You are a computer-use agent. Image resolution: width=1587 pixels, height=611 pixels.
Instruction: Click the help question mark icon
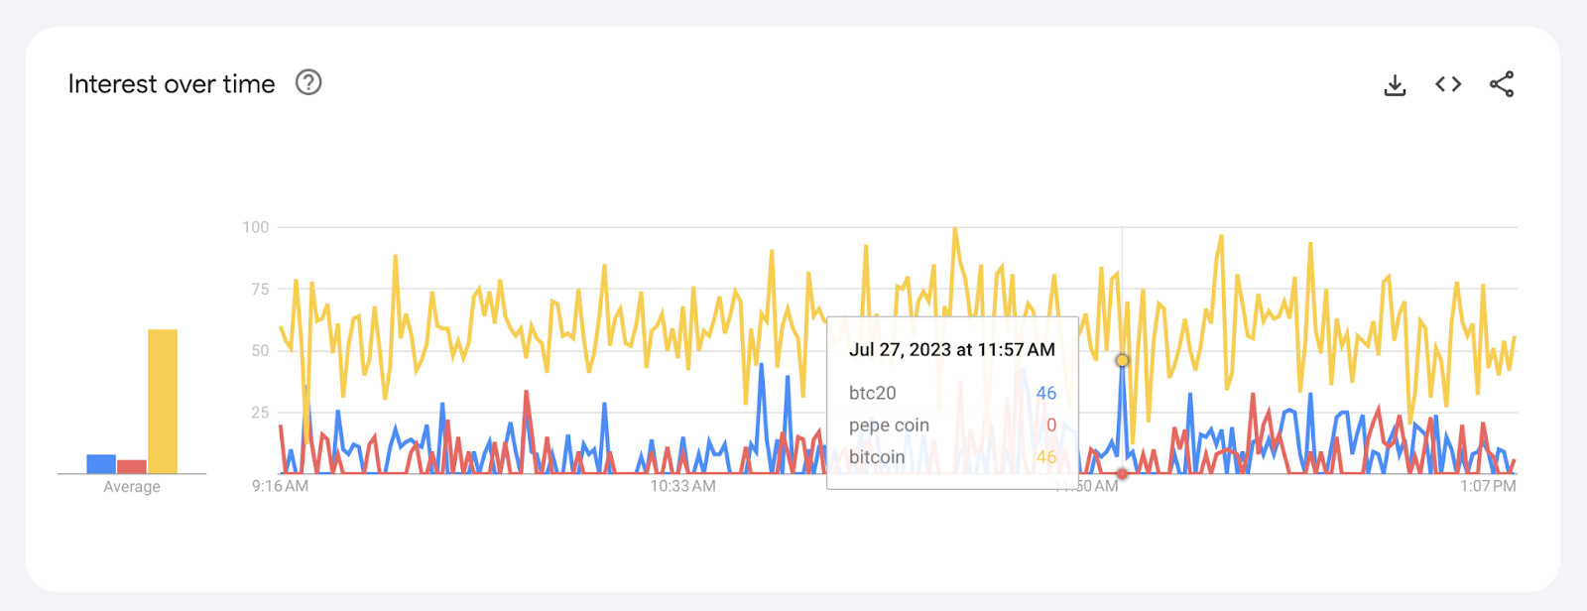click(x=308, y=82)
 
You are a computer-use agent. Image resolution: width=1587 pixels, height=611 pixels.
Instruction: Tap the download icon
click(x=1395, y=85)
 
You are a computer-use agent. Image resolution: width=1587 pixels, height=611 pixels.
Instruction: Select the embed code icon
click(x=1448, y=84)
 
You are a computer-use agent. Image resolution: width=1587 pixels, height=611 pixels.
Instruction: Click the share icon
click(x=1502, y=84)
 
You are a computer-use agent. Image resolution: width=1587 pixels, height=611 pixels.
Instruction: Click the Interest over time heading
click(x=172, y=84)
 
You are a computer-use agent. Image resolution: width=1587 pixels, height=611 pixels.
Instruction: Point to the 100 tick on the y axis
click(x=256, y=227)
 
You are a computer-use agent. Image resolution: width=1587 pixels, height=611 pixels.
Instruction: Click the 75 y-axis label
click(x=260, y=289)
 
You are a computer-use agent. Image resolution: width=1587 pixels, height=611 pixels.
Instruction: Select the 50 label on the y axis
click(x=260, y=350)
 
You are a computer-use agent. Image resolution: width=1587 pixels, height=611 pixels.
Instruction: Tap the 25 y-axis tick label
click(x=260, y=412)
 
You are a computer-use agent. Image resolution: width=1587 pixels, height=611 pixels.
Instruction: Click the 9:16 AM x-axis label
click(x=280, y=486)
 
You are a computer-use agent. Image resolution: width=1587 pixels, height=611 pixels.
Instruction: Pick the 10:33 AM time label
click(x=682, y=486)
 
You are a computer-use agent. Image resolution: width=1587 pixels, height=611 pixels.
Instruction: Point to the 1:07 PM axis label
click(x=1488, y=486)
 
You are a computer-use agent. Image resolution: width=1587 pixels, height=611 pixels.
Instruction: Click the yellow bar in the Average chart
click(x=163, y=401)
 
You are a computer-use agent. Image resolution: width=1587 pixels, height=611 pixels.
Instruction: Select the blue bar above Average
click(x=101, y=463)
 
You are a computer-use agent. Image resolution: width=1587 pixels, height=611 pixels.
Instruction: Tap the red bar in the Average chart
click(x=132, y=466)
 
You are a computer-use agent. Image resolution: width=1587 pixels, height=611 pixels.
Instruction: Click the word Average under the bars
click(x=132, y=487)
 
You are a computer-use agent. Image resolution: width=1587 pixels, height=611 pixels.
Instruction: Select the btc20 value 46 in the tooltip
click(x=1045, y=393)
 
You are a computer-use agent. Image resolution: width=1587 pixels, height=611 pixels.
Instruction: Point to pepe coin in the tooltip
click(x=889, y=425)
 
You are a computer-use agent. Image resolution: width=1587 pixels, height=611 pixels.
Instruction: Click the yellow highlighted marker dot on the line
click(x=1122, y=360)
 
